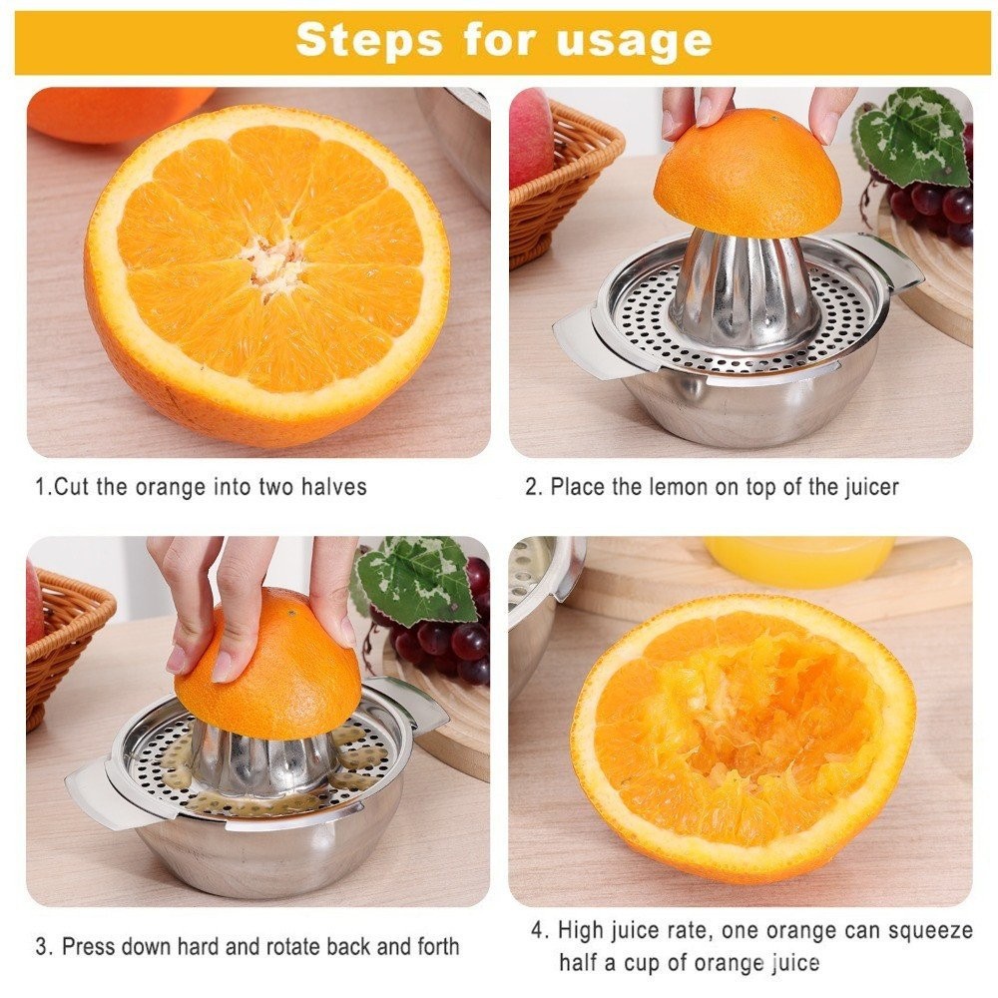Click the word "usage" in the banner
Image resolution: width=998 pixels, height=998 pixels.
pos(634,41)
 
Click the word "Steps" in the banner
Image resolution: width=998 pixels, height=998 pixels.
pos(368,40)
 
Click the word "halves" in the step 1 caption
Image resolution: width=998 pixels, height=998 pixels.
pos(334,487)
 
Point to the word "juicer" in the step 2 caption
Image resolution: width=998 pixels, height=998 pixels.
pos(871,488)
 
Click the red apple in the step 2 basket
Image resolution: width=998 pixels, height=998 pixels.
pos(530,137)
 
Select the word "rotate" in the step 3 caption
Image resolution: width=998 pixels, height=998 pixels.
pos(292,946)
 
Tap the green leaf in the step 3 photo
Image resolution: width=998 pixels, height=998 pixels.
pos(417,578)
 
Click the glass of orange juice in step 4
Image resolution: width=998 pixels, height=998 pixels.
pos(799,560)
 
